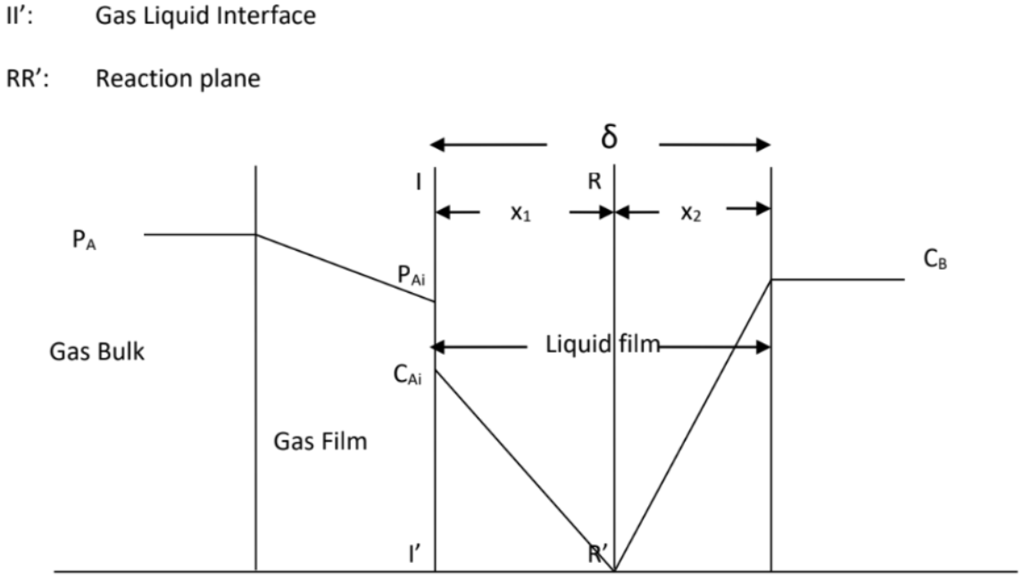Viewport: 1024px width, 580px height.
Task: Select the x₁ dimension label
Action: [x=522, y=214]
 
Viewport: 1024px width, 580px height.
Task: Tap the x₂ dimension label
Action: [x=691, y=214]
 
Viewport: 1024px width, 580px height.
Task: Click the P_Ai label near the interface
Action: [x=411, y=277]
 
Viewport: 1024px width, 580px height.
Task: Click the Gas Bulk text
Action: [x=96, y=351]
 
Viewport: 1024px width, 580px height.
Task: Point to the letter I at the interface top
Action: [x=418, y=181]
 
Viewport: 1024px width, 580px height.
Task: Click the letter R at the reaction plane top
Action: [x=595, y=181]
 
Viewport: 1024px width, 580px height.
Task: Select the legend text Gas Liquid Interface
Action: [x=205, y=16]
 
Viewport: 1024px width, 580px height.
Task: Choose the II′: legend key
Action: [x=22, y=16]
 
